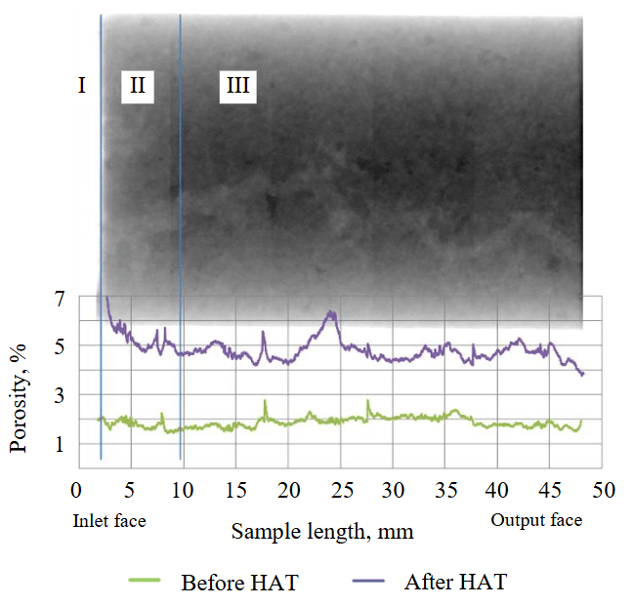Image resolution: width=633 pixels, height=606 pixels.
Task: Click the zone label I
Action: (x=82, y=86)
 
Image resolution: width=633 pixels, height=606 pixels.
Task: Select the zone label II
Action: (x=138, y=86)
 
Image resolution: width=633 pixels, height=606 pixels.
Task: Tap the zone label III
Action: (x=237, y=87)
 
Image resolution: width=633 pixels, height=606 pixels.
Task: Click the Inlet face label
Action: (x=109, y=521)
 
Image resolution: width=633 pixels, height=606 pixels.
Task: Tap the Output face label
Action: (x=536, y=520)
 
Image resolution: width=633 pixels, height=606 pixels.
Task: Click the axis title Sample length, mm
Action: (x=322, y=533)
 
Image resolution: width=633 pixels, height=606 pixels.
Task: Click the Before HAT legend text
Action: (x=239, y=584)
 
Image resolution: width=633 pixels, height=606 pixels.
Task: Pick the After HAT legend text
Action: (x=456, y=584)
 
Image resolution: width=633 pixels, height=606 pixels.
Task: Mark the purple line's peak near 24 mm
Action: (x=332, y=312)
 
